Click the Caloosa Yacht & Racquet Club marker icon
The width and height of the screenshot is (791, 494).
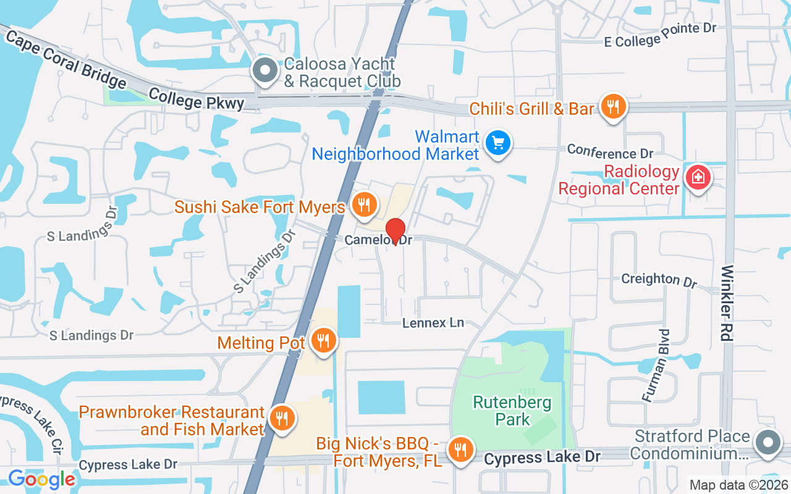[x=266, y=71]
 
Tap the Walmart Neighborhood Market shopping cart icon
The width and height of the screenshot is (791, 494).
[x=497, y=143]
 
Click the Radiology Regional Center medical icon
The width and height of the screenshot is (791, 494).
[x=698, y=178]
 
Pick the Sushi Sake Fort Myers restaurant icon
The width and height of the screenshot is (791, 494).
[x=365, y=204]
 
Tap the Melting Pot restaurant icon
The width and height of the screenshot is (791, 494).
[x=322, y=340]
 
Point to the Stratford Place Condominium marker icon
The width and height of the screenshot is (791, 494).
[x=768, y=443]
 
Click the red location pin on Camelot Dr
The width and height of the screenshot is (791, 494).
[x=395, y=231]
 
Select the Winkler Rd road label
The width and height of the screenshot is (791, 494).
[x=727, y=304]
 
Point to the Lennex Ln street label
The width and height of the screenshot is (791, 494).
[x=433, y=323]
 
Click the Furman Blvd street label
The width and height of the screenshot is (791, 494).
[x=656, y=366]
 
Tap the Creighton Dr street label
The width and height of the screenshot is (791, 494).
[x=659, y=280]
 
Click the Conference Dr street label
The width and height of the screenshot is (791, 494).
[x=610, y=152]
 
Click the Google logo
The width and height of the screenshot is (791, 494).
[x=41, y=479]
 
